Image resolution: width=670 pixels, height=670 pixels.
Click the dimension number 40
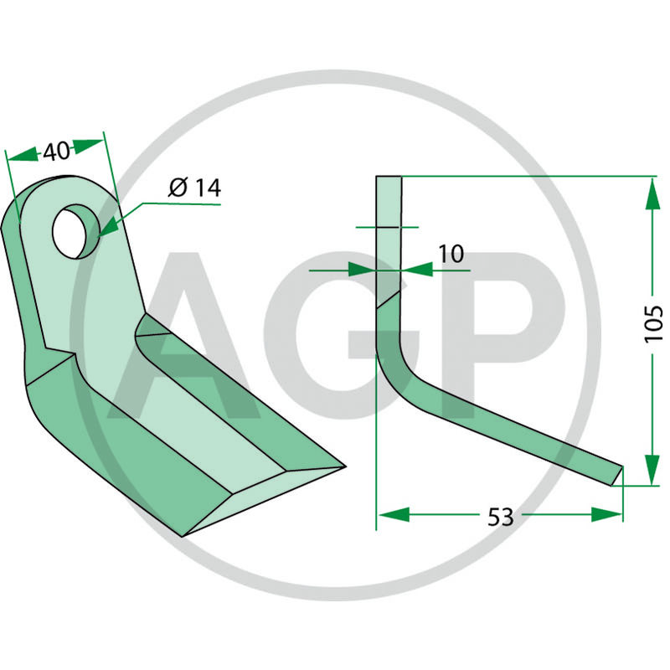point(56,152)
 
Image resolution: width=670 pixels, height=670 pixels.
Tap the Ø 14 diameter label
point(195,188)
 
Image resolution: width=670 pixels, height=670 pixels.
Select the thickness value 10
point(451,254)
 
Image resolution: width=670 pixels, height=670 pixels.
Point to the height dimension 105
point(653,323)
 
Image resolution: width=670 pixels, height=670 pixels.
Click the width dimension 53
point(500,517)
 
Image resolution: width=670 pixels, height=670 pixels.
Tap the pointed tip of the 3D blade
point(344,466)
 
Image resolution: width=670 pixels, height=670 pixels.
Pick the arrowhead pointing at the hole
point(109,226)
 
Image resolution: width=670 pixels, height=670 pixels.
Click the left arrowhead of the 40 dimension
point(23,155)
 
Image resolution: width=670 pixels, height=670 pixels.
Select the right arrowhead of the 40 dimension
point(89,146)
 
